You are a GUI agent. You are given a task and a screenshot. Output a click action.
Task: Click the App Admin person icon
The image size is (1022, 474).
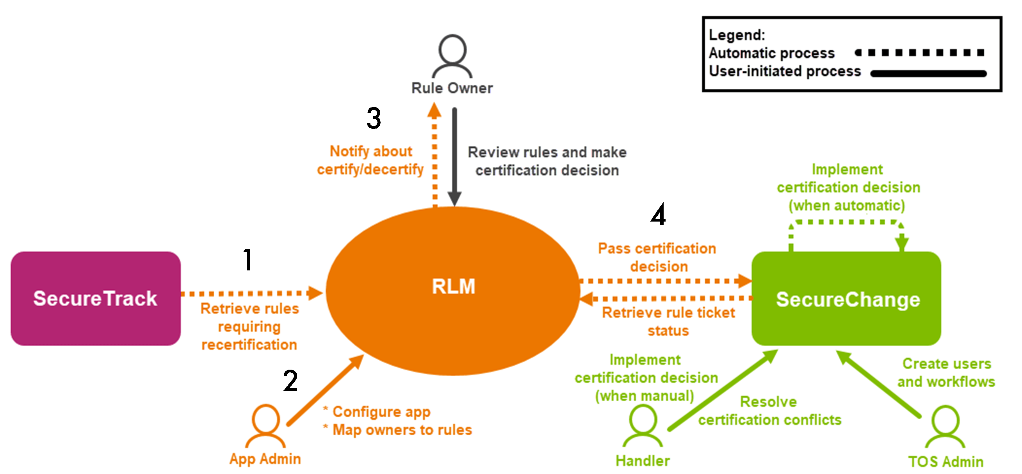tap(265, 425)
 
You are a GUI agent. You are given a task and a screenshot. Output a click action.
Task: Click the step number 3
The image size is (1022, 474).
tap(374, 118)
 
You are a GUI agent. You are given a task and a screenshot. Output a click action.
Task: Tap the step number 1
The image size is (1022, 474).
tap(248, 260)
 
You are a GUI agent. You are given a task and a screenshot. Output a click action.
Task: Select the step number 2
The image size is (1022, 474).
tap(290, 380)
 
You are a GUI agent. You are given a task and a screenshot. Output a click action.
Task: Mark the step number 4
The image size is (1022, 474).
tap(658, 215)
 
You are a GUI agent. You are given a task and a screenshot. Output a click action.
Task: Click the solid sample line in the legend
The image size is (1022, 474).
tap(928, 73)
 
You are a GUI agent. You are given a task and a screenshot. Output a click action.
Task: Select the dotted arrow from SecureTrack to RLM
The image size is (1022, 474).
tap(250, 293)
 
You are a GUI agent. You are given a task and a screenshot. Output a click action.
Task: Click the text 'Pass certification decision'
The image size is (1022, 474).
tap(657, 257)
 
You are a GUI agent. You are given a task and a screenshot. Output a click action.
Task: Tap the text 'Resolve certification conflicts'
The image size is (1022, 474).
tap(770, 410)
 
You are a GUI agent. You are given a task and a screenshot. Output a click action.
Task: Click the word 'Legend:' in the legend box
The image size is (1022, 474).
tap(737, 35)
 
